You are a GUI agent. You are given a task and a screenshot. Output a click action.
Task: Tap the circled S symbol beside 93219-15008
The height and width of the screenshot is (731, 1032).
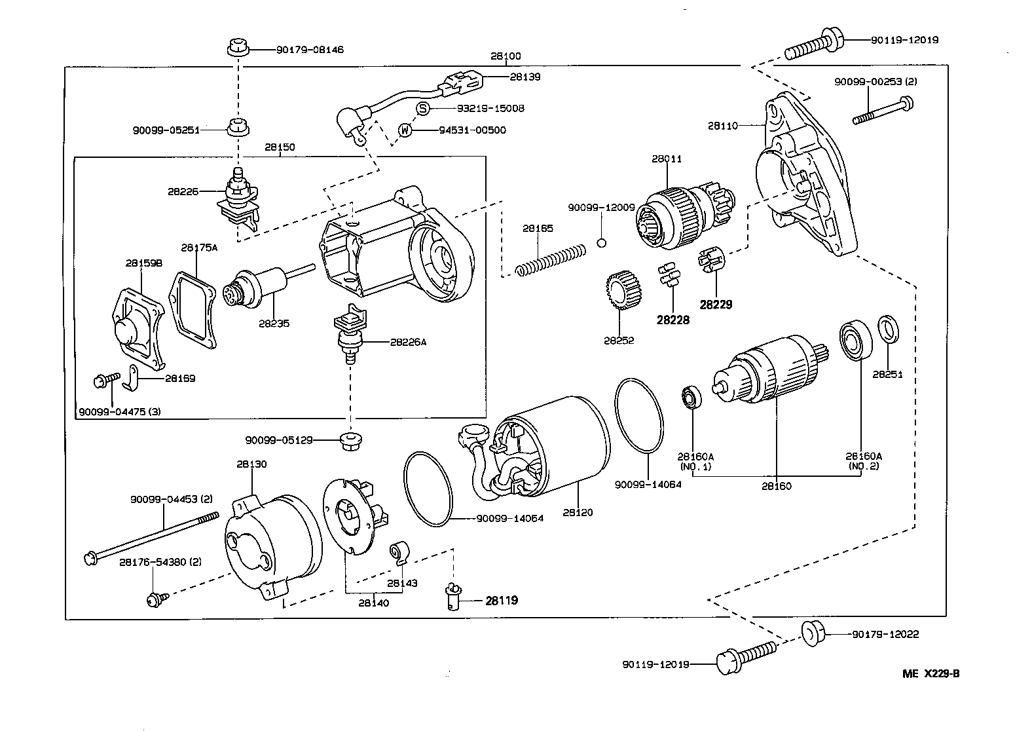(x=423, y=108)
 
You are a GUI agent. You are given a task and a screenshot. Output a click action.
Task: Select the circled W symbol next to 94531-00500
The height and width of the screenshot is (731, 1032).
(x=405, y=130)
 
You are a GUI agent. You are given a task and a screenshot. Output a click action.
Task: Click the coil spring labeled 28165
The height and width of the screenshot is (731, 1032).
(x=551, y=259)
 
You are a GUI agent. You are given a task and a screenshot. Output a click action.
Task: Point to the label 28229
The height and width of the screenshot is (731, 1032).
(x=716, y=305)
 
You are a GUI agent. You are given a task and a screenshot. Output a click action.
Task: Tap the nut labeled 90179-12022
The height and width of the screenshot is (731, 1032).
(x=813, y=633)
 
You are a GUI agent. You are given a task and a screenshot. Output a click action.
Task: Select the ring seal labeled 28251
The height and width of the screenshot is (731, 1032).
(x=888, y=329)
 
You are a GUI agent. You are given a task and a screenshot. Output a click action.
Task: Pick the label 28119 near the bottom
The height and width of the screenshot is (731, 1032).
(x=502, y=600)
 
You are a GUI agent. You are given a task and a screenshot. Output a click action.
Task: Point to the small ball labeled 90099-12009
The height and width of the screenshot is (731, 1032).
(x=602, y=242)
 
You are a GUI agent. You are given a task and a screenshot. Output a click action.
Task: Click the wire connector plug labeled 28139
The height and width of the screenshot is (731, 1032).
(x=462, y=84)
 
